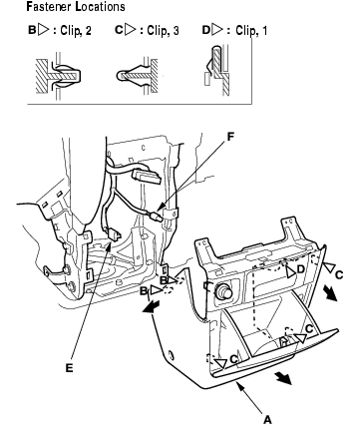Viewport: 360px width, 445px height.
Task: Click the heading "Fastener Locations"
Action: (76, 7)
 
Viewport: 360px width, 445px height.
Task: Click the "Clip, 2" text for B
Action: (76, 31)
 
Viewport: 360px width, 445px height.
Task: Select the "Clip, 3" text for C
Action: (163, 31)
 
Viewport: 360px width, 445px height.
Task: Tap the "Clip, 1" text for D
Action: (251, 31)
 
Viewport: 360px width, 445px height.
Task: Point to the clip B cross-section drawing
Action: (59, 76)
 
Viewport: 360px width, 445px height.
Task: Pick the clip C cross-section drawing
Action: (138, 76)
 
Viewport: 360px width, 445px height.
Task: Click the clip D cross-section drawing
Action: (216, 70)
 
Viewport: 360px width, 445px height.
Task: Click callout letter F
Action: (230, 137)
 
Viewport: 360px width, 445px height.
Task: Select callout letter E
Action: (69, 368)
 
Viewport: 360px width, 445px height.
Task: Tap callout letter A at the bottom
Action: (267, 420)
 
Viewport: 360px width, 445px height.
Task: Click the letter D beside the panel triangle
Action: (300, 269)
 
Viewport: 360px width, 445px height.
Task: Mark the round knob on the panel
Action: (225, 290)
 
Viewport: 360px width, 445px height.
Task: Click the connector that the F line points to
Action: (157, 217)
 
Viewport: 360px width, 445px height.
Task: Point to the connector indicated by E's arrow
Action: (114, 234)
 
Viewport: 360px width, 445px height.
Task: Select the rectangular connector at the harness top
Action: (147, 177)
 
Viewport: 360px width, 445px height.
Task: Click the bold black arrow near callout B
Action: (151, 307)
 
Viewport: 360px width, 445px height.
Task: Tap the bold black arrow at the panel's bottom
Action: (283, 378)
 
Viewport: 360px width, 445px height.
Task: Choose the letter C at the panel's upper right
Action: (339, 274)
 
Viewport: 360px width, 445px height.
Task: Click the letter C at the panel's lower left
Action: (233, 359)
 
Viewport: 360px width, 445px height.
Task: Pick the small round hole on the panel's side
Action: (171, 354)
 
